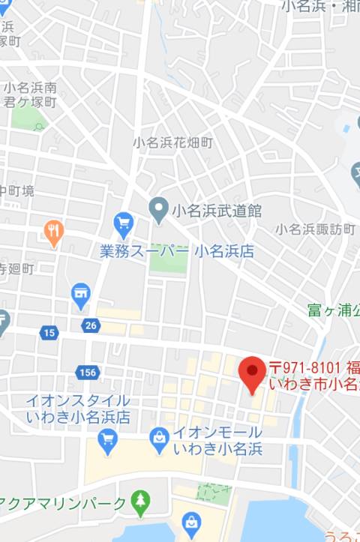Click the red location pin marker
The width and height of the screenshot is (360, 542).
click(x=251, y=373)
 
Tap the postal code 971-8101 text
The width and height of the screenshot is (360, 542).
click(x=305, y=367)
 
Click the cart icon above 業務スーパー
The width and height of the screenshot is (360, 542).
click(x=123, y=223)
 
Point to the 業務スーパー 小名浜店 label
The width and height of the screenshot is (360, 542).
click(x=176, y=252)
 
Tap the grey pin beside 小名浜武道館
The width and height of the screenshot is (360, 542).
click(x=158, y=210)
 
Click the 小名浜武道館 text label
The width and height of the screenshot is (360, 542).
click(x=216, y=211)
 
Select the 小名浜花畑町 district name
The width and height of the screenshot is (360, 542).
click(x=173, y=142)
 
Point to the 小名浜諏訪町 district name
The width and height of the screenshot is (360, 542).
click(x=314, y=229)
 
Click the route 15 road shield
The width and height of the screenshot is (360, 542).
click(x=49, y=332)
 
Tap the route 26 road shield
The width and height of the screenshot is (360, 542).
click(x=91, y=325)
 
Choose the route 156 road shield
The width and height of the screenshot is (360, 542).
click(x=86, y=372)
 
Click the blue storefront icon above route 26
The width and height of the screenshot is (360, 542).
click(x=81, y=295)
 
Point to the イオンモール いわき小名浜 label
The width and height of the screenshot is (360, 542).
click(x=217, y=441)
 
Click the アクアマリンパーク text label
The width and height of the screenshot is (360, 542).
click(x=63, y=504)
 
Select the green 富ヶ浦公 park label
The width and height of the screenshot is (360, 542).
click(x=333, y=309)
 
